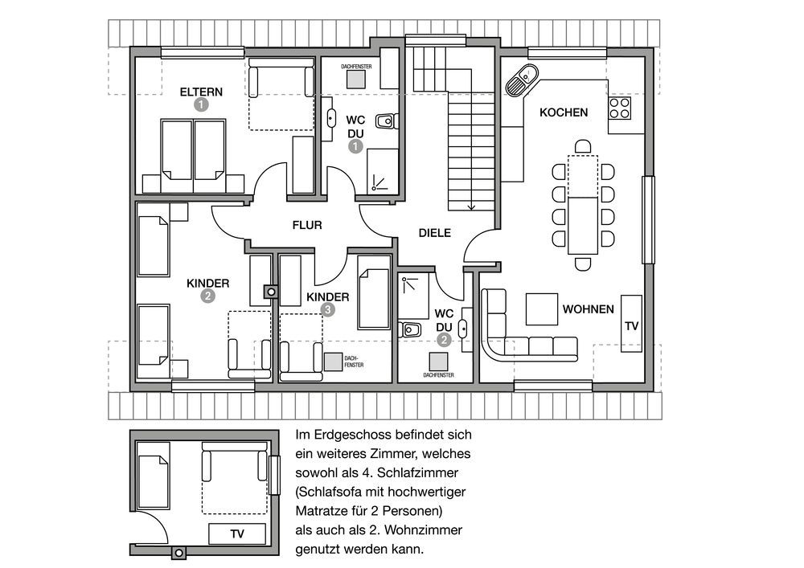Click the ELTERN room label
pyautogui.click(x=201, y=92)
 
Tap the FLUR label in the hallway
pyautogui.click(x=307, y=225)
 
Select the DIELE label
pyautogui.click(x=435, y=233)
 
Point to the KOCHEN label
pyautogui.click(x=564, y=112)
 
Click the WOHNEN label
pyautogui.click(x=589, y=309)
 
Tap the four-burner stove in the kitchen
pyautogui.click(x=619, y=108)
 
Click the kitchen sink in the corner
pyautogui.click(x=522, y=80)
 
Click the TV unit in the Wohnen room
pyautogui.click(x=632, y=324)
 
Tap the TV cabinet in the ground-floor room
pyautogui.click(x=237, y=534)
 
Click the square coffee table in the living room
pyautogui.click(x=541, y=309)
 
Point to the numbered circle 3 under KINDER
pyautogui.click(x=328, y=309)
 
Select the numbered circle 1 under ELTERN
pyautogui.click(x=201, y=104)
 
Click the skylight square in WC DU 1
pyautogui.click(x=356, y=80)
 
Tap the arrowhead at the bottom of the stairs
pyautogui.click(x=471, y=207)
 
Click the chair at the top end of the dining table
pyautogui.click(x=583, y=147)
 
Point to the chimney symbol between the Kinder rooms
pyautogui.click(x=271, y=292)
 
